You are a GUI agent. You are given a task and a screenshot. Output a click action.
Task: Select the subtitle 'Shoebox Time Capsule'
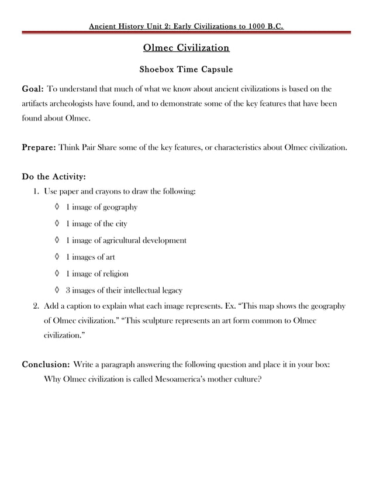coord(186,70)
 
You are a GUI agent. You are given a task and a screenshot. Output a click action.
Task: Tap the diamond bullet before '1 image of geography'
coord(57,207)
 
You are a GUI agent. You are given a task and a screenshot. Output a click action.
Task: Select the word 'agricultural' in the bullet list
coord(129,240)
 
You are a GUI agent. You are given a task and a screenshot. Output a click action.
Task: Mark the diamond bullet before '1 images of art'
coord(57,257)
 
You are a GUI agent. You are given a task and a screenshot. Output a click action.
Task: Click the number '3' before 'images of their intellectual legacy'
coord(68,290)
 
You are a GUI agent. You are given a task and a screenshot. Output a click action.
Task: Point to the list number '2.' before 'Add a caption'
coord(36,306)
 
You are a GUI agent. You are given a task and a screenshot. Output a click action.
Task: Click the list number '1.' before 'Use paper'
coord(36,191)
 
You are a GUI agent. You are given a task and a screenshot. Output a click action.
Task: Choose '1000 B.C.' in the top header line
coord(265,26)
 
